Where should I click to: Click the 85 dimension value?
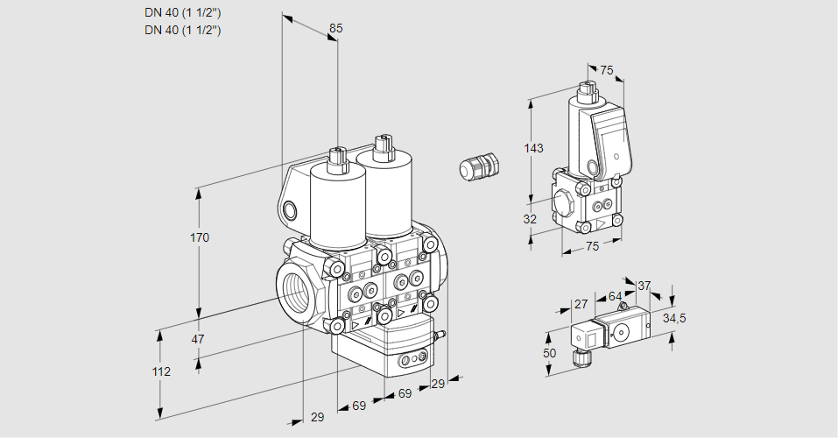(x=335, y=29)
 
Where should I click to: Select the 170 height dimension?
(x=200, y=237)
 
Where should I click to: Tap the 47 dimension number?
(x=198, y=339)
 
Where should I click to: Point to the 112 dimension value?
(x=160, y=371)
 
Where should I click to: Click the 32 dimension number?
(x=530, y=219)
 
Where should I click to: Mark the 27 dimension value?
(x=580, y=304)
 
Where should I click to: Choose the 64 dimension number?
(x=615, y=296)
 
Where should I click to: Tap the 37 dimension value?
(x=644, y=286)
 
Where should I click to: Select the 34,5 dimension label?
(x=674, y=317)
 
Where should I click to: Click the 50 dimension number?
(x=549, y=352)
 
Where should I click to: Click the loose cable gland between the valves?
(x=480, y=166)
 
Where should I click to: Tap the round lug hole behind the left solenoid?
(x=290, y=209)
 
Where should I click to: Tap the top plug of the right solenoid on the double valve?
(x=381, y=145)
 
